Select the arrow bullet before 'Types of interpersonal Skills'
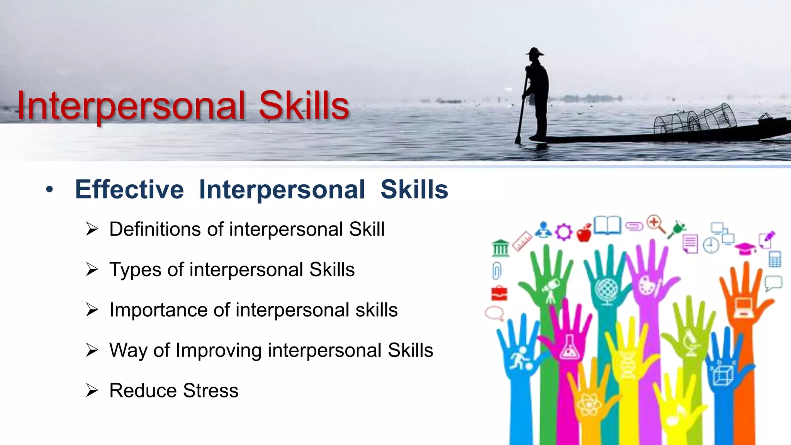pos(92,269)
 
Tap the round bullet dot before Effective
pos(49,190)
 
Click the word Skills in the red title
pos(304,105)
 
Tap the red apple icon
pos(584,233)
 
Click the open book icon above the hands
pos(607,225)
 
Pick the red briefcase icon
pos(499,294)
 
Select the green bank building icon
pos(501,248)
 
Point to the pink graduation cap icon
pos(745,248)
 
